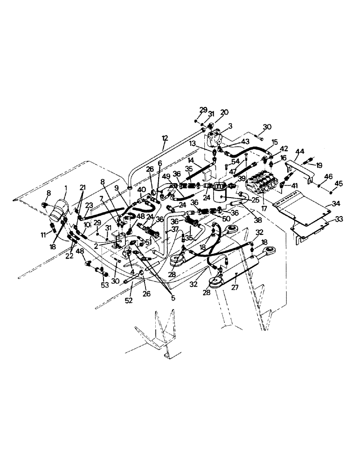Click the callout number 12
pos(164,138)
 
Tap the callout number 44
pos(300,151)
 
